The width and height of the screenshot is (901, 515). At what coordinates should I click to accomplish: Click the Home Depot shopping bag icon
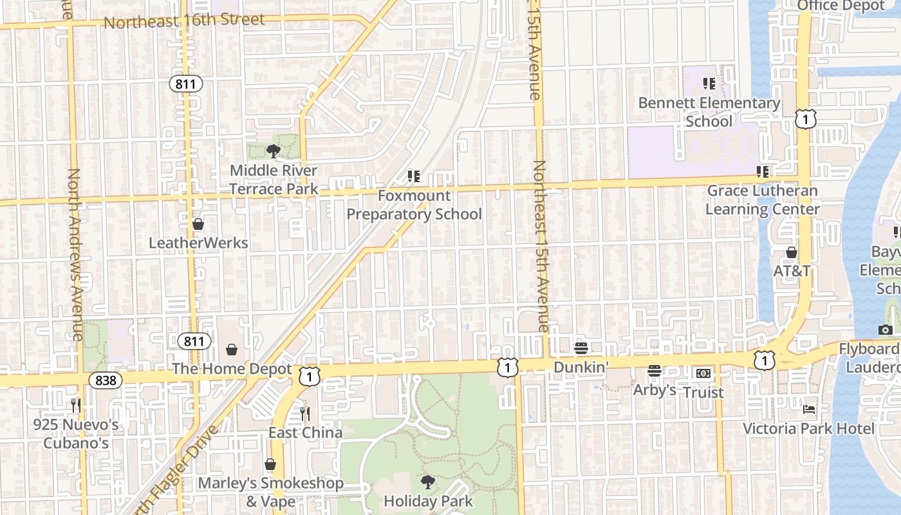pyautogui.click(x=232, y=350)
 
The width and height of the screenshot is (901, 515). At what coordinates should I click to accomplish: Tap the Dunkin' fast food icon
pyautogui.click(x=581, y=348)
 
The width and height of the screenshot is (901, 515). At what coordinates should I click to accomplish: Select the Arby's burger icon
pyautogui.click(x=655, y=371)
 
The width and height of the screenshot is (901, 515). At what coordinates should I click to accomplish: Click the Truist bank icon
pyautogui.click(x=703, y=373)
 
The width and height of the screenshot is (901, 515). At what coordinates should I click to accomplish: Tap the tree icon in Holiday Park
pyautogui.click(x=428, y=482)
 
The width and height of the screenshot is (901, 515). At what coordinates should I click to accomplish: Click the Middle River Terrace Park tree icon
pyautogui.click(x=274, y=151)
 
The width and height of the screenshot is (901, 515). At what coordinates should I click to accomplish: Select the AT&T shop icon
pyautogui.click(x=792, y=252)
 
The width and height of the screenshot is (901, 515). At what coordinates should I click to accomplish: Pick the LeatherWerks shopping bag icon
pyautogui.click(x=198, y=224)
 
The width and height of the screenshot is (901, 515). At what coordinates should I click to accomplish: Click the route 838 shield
pyautogui.click(x=106, y=380)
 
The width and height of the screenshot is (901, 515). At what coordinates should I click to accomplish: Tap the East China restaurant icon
pyautogui.click(x=305, y=413)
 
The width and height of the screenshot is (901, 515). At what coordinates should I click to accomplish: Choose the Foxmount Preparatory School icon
pyautogui.click(x=414, y=176)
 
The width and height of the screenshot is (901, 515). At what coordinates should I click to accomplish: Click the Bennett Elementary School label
pyautogui.click(x=709, y=112)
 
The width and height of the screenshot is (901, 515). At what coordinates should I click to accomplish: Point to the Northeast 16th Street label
pyautogui.click(x=184, y=21)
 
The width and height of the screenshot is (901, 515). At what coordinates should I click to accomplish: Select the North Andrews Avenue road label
pyautogui.click(x=74, y=254)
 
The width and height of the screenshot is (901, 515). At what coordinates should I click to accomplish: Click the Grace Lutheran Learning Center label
pyautogui.click(x=763, y=200)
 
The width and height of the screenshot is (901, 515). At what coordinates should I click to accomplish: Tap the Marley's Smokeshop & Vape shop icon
pyautogui.click(x=270, y=464)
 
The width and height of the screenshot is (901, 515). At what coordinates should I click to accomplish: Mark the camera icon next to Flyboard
pyautogui.click(x=886, y=330)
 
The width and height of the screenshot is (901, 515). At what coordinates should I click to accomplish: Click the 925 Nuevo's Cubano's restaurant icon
pyautogui.click(x=76, y=405)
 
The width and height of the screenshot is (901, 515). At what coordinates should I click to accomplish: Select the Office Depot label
pyautogui.click(x=841, y=6)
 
